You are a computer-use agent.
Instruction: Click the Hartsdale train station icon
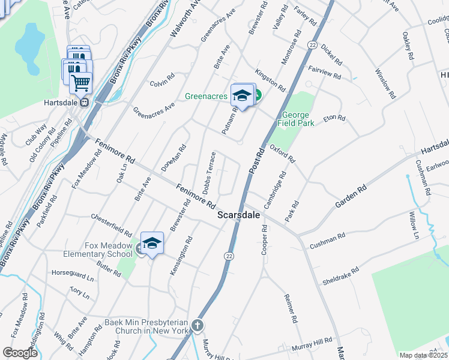pos(85,101)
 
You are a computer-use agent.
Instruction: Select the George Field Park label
pos(298,119)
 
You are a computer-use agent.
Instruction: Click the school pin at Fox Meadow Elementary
pos(152,243)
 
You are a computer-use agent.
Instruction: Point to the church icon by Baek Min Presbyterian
pos(198,325)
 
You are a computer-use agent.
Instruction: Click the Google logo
pos(20,353)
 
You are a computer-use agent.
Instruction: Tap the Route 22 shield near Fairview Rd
pos(312,45)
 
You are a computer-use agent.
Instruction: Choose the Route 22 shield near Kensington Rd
pos(229,256)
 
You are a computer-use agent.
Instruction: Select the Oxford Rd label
pos(282,154)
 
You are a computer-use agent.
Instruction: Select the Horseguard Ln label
pos(74,278)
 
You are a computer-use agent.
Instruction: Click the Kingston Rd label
pos(270,80)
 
